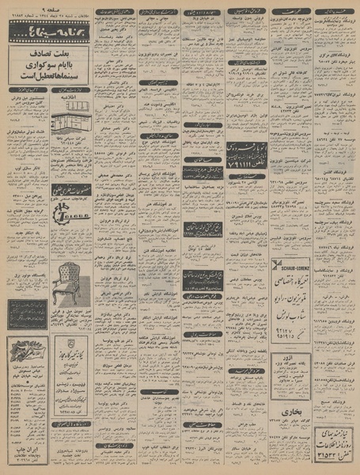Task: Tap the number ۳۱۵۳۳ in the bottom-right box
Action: tap(325, 462)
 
